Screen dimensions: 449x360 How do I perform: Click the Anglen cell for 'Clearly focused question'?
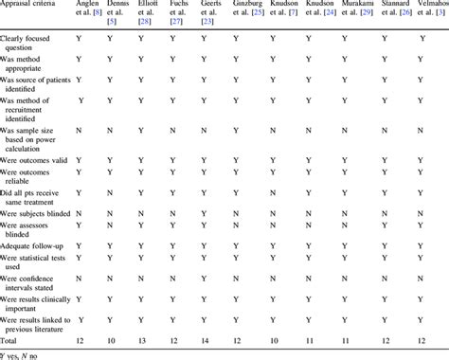click(x=81, y=38)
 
